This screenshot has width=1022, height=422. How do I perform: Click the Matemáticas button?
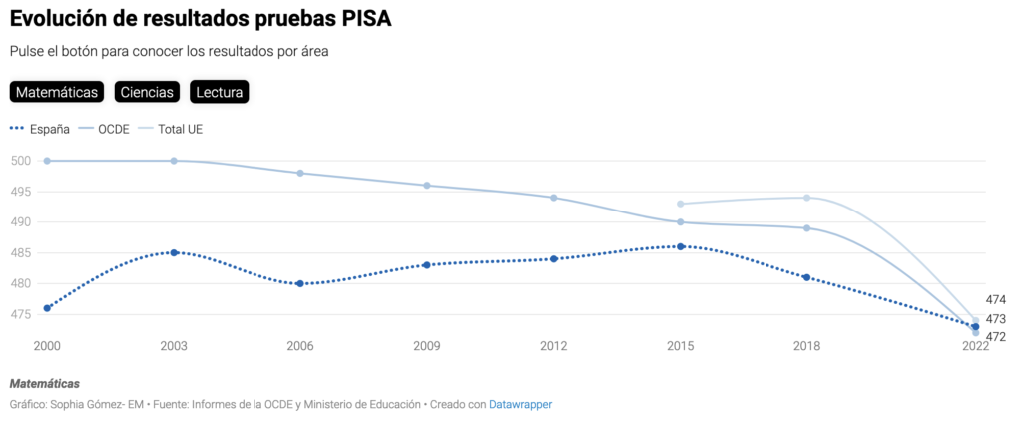(57, 92)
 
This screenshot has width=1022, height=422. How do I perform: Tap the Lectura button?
(219, 92)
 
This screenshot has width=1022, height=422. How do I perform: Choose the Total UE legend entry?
(180, 129)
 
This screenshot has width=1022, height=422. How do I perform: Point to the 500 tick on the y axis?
(22, 161)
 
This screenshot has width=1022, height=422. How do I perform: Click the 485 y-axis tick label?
(22, 252)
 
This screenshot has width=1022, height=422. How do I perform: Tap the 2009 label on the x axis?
(427, 346)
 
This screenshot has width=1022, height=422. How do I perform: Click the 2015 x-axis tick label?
(681, 346)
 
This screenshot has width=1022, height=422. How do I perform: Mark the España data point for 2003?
(174, 252)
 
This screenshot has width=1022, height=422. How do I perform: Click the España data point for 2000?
(47, 308)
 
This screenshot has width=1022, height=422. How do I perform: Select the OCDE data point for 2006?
(300, 173)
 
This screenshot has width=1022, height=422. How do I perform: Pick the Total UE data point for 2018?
(807, 198)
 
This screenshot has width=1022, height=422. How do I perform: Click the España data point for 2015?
(681, 246)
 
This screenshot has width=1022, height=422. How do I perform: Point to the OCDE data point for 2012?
(554, 198)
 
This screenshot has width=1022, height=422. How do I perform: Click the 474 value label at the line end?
(995, 300)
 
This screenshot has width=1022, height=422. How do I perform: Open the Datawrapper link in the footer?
(520, 404)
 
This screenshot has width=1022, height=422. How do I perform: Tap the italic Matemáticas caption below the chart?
(44, 384)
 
